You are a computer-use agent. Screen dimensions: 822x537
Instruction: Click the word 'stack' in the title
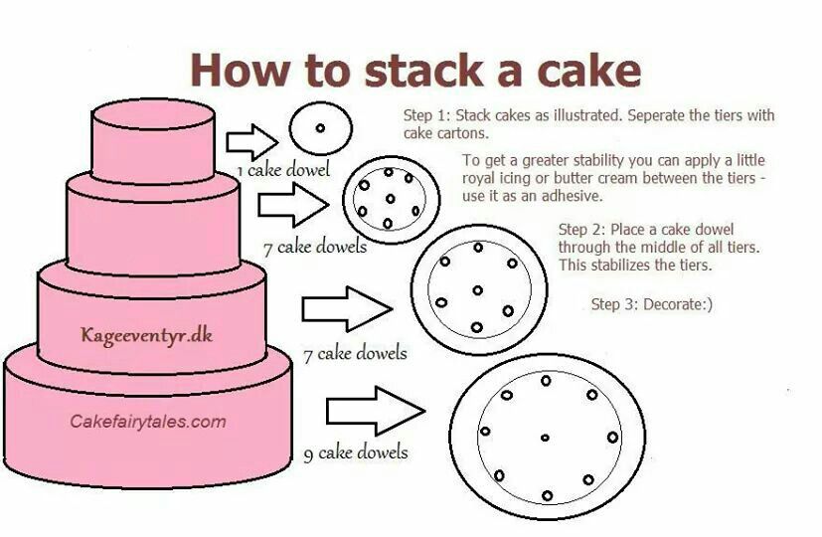coord(423,70)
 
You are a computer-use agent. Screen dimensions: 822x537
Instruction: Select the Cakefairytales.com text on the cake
coord(148,421)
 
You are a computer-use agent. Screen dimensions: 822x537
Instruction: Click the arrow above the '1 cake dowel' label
coord(252,142)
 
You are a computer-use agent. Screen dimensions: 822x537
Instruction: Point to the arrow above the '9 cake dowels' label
coord(376,411)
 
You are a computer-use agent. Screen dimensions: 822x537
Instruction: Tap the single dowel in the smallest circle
coord(320,128)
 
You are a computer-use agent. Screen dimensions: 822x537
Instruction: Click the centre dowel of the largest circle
coord(545,438)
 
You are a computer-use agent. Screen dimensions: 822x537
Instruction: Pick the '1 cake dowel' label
coord(283,170)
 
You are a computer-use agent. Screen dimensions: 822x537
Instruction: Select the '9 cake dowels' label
coord(356,452)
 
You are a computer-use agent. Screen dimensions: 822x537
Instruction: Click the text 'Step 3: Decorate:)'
coord(652,304)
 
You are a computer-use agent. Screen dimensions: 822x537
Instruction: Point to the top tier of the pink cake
coord(153,142)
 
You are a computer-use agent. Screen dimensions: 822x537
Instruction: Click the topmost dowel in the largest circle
coord(546,381)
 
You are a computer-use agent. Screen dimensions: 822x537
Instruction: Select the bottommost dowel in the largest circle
coord(548,495)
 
